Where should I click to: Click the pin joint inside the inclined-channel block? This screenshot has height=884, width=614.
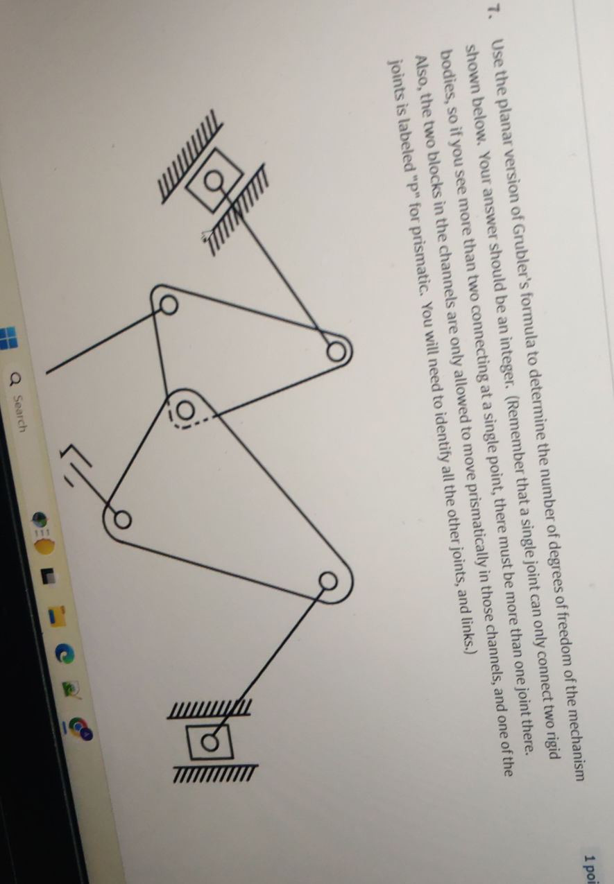pos(216,182)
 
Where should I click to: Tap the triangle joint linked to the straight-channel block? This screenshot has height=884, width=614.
pos(327,580)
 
